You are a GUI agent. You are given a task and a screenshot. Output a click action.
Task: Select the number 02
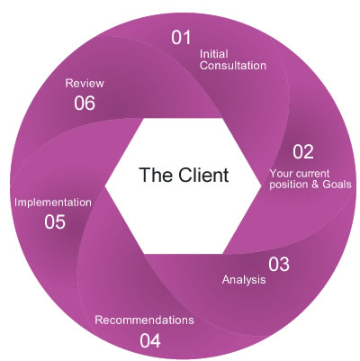coord(303,150)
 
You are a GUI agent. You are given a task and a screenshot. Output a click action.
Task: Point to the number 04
coord(150,340)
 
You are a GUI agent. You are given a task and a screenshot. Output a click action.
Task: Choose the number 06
coord(85,103)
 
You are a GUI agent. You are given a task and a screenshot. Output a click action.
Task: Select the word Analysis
coord(244,280)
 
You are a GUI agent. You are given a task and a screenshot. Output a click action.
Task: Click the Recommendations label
coord(144,320)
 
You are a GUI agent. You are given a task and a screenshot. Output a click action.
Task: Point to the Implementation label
coord(53,203)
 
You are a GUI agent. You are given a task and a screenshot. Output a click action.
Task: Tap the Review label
coord(85,83)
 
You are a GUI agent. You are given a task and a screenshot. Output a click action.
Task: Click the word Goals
coord(334,185)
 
